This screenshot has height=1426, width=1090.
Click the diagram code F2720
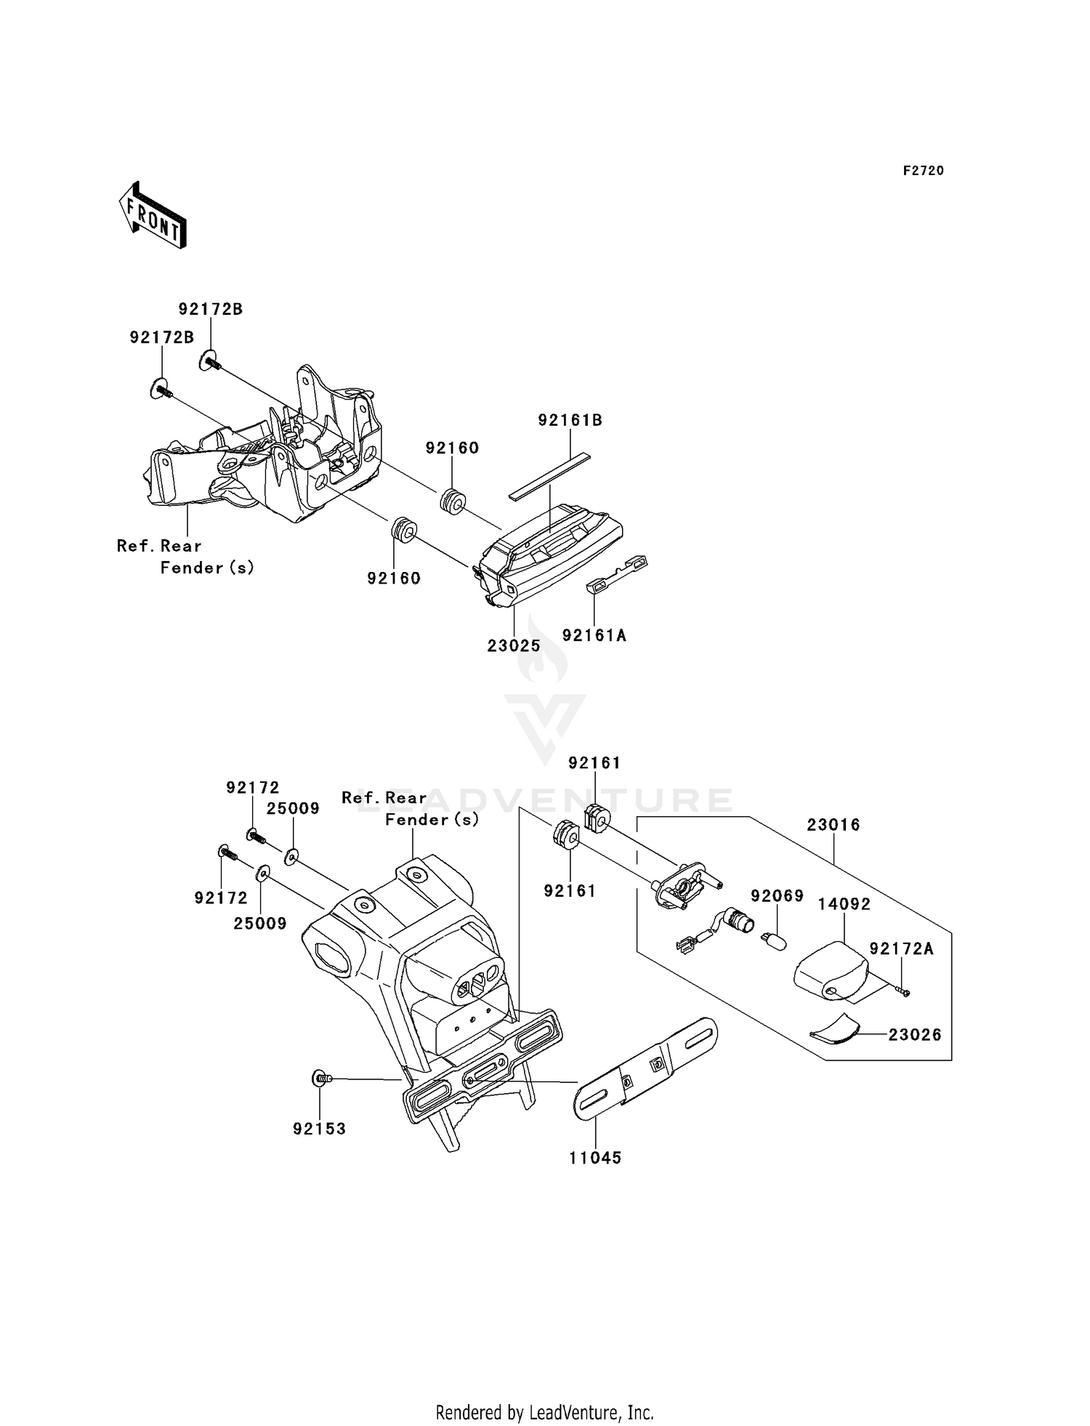pos(924,171)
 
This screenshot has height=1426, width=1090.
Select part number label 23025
pos(514,645)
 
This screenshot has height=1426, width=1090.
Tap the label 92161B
pos(570,420)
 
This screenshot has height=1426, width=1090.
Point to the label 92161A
pos(594,635)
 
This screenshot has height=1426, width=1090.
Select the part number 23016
pos(833,825)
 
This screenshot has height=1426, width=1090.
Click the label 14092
pos(844,904)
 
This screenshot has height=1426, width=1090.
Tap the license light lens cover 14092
pos(832,971)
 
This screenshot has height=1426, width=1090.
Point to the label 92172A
pos(902,948)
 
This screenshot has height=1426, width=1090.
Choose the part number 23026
pos(915,1034)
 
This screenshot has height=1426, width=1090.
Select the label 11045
pos(596,1158)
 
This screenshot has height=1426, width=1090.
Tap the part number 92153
pos(320,1129)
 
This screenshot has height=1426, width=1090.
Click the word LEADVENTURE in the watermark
pos(545,800)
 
